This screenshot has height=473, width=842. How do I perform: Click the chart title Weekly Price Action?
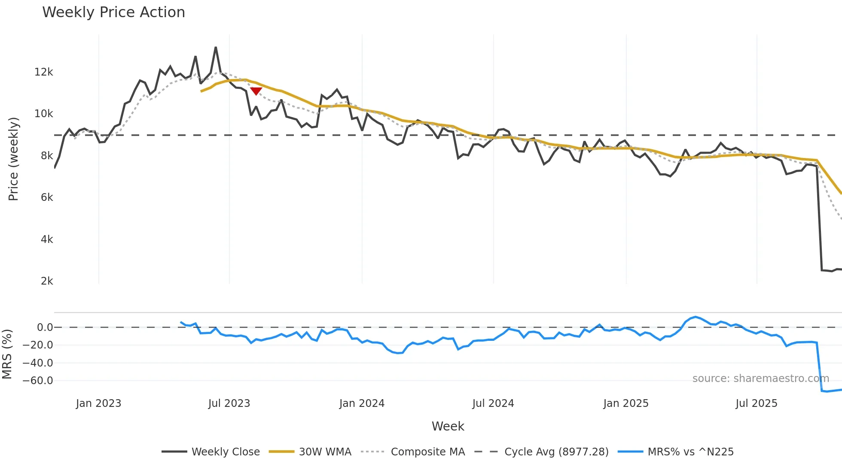coord(113,12)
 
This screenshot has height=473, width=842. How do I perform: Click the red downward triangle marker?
coord(256,91)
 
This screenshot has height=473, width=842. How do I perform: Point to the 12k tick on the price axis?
coord(43,72)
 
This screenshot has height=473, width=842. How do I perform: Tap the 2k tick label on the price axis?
coord(46,281)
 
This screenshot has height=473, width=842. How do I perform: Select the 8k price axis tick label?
coord(46,156)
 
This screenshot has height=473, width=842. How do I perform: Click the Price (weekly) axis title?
coord(13,159)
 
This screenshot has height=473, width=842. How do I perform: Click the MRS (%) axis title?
coord(7,354)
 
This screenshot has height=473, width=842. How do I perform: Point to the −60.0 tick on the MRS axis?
coord(38,381)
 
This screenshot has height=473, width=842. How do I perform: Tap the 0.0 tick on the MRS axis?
coord(45,327)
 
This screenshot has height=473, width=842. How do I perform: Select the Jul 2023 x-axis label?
coord(229,403)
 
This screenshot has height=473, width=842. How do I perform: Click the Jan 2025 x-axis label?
coord(625,403)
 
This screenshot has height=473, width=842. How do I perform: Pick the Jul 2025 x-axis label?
coord(756,403)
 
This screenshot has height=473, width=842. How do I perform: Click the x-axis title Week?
coord(448,426)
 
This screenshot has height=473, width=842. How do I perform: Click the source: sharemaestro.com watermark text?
coord(760,379)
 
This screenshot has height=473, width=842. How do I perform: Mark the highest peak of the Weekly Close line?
coord(216,48)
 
